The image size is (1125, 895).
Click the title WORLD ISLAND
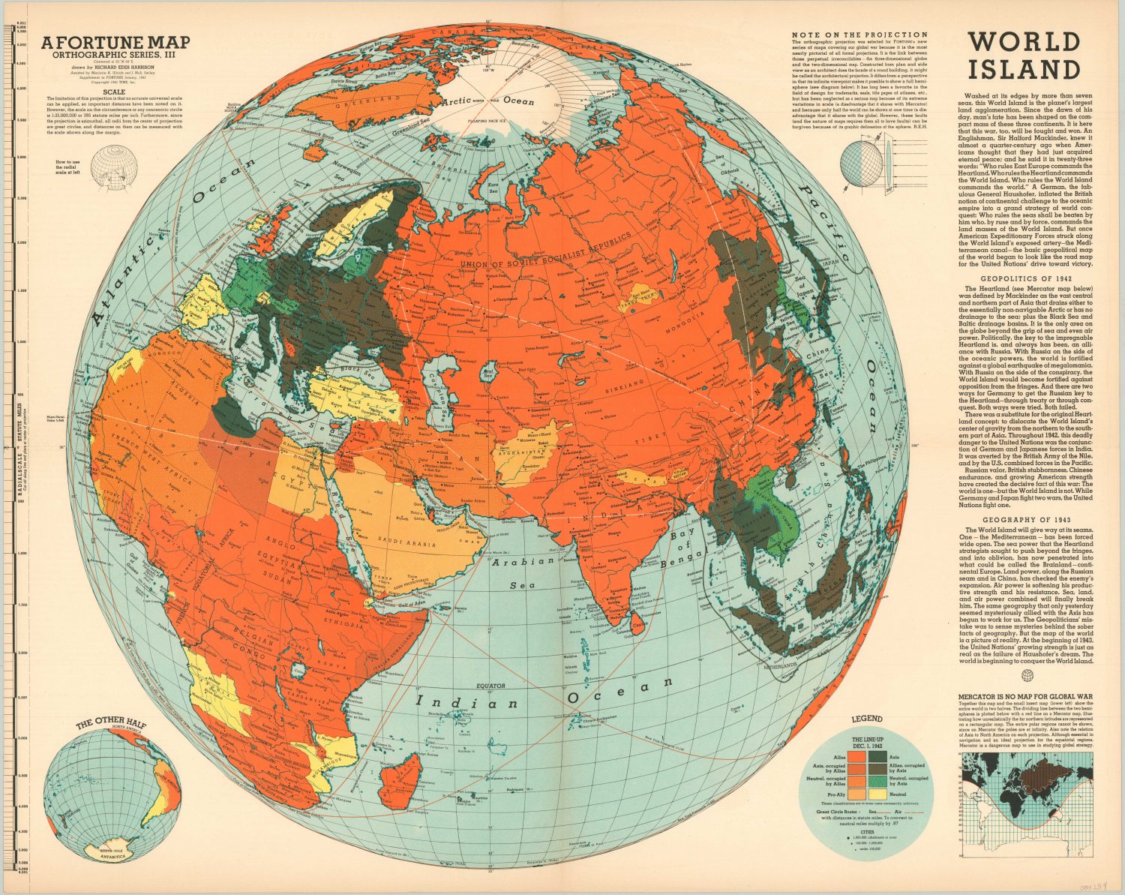(1022, 55)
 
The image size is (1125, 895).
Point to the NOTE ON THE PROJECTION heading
(859, 35)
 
